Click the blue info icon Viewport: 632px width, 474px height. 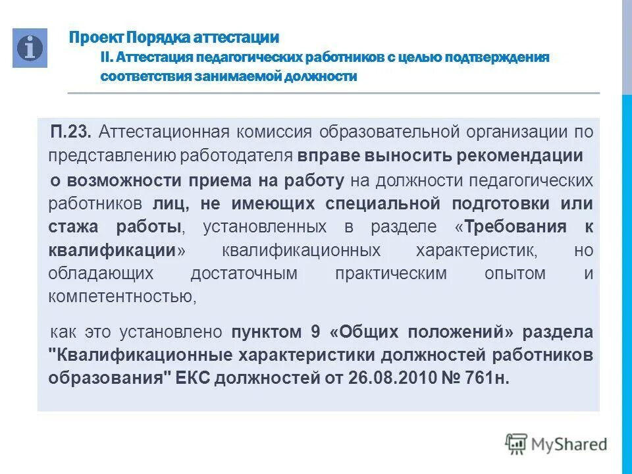(30, 48)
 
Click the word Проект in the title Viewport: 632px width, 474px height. (96, 38)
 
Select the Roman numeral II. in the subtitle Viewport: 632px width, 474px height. (108, 57)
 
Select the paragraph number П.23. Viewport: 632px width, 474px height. (72, 132)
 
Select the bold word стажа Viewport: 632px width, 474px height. (73, 227)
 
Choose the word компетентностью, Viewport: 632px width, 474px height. (122, 297)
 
